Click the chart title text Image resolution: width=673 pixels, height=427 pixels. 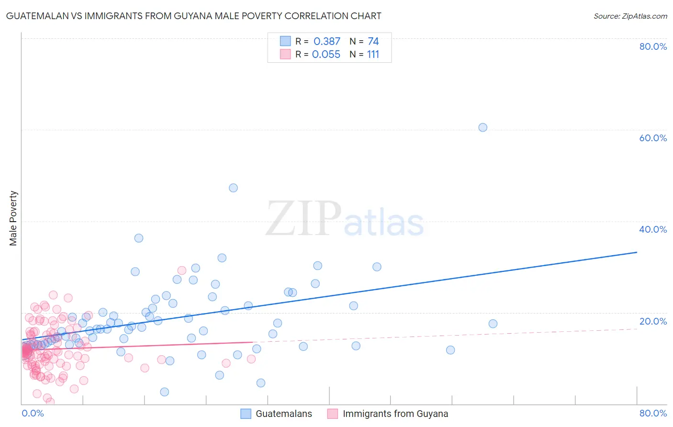[193, 16]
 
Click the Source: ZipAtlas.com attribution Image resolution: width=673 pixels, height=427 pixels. [630, 16]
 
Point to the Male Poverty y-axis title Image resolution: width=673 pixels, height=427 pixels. [13, 218]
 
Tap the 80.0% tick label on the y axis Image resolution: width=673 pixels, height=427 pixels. [653, 46]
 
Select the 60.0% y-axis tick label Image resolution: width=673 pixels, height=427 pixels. [653, 138]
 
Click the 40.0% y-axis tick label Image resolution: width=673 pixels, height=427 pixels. [653, 229]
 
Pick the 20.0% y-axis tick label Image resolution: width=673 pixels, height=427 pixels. [653, 321]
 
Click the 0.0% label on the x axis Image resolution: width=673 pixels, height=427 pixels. [33, 413]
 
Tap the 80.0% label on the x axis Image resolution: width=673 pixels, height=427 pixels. [653, 413]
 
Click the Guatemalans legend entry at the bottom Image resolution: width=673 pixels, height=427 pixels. [283, 414]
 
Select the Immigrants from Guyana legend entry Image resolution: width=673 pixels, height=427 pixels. [395, 414]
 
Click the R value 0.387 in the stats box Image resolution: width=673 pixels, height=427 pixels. [326, 41]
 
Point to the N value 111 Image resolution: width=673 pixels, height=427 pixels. [373, 54]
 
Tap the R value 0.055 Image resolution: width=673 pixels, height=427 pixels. [326, 54]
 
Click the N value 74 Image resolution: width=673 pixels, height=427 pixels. [373, 41]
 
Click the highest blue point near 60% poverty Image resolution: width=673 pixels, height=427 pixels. [482, 127]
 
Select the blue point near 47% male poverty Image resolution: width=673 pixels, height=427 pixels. [233, 188]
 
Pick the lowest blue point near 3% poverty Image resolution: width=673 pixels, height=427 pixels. [164, 392]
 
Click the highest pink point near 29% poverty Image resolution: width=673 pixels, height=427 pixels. [181, 270]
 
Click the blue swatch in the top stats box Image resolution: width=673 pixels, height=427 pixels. [285, 41]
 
